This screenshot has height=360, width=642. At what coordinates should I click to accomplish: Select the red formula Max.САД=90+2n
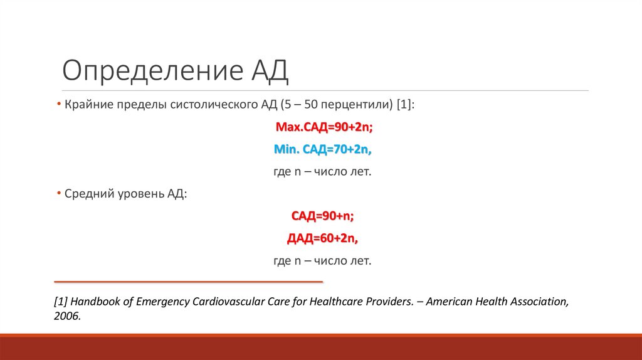[x=324, y=127]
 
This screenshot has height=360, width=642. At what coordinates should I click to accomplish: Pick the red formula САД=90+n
[x=323, y=216]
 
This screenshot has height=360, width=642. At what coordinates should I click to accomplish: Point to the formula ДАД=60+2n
[x=323, y=238]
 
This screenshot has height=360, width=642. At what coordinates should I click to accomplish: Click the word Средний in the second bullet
[x=87, y=194]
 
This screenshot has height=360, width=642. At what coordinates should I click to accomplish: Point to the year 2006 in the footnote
[x=66, y=317]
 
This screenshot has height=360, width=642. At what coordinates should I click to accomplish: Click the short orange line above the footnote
[x=189, y=282]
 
